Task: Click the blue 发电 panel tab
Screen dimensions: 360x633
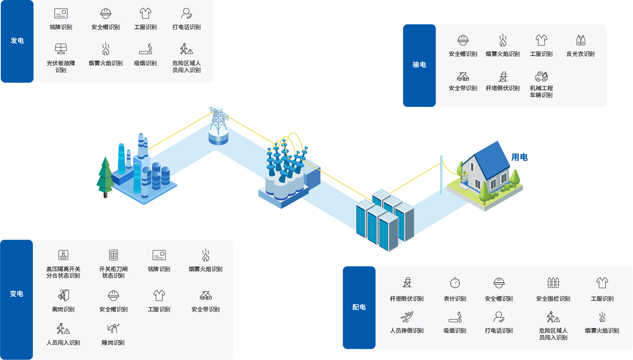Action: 17,41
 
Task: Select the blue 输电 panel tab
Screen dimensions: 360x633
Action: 419,65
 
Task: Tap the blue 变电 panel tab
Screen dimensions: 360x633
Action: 17,294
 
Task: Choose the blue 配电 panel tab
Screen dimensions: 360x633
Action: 359,307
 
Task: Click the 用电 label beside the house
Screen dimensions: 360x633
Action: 519,157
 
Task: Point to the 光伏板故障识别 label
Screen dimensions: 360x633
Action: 61,67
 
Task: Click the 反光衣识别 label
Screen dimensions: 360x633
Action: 580,54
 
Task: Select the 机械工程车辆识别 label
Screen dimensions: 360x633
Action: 541,92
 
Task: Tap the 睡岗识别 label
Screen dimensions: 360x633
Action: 113,343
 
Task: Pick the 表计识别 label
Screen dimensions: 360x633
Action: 455,299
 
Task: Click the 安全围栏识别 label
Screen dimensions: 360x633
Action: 553,299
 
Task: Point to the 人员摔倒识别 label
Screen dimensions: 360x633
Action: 407,331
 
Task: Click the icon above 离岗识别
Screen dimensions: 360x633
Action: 63,295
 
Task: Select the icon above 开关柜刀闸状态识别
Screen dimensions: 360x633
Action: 113,255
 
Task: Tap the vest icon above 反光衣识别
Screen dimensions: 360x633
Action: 581,40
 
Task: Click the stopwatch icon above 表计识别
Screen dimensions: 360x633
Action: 455,283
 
